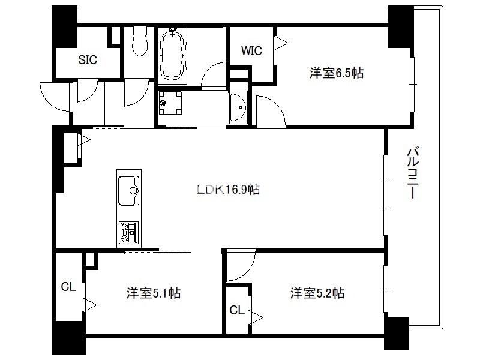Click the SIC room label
tap(88, 59)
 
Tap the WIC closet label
tap(251, 51)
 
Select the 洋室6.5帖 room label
tap(337, 73)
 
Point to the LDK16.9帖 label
tap(229, 190)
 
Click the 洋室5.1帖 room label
tap(154, 293)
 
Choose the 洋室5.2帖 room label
tap(317, 293)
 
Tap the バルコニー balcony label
tap(412, 173)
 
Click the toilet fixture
tap(140, 41)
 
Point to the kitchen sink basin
tap(128, 190)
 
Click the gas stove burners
tap(128, 233)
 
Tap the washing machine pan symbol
tap(170, 103)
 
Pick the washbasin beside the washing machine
tap(238, 107)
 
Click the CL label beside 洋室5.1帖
tap(68, 287)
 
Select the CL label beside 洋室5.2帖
tap(237, 310)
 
